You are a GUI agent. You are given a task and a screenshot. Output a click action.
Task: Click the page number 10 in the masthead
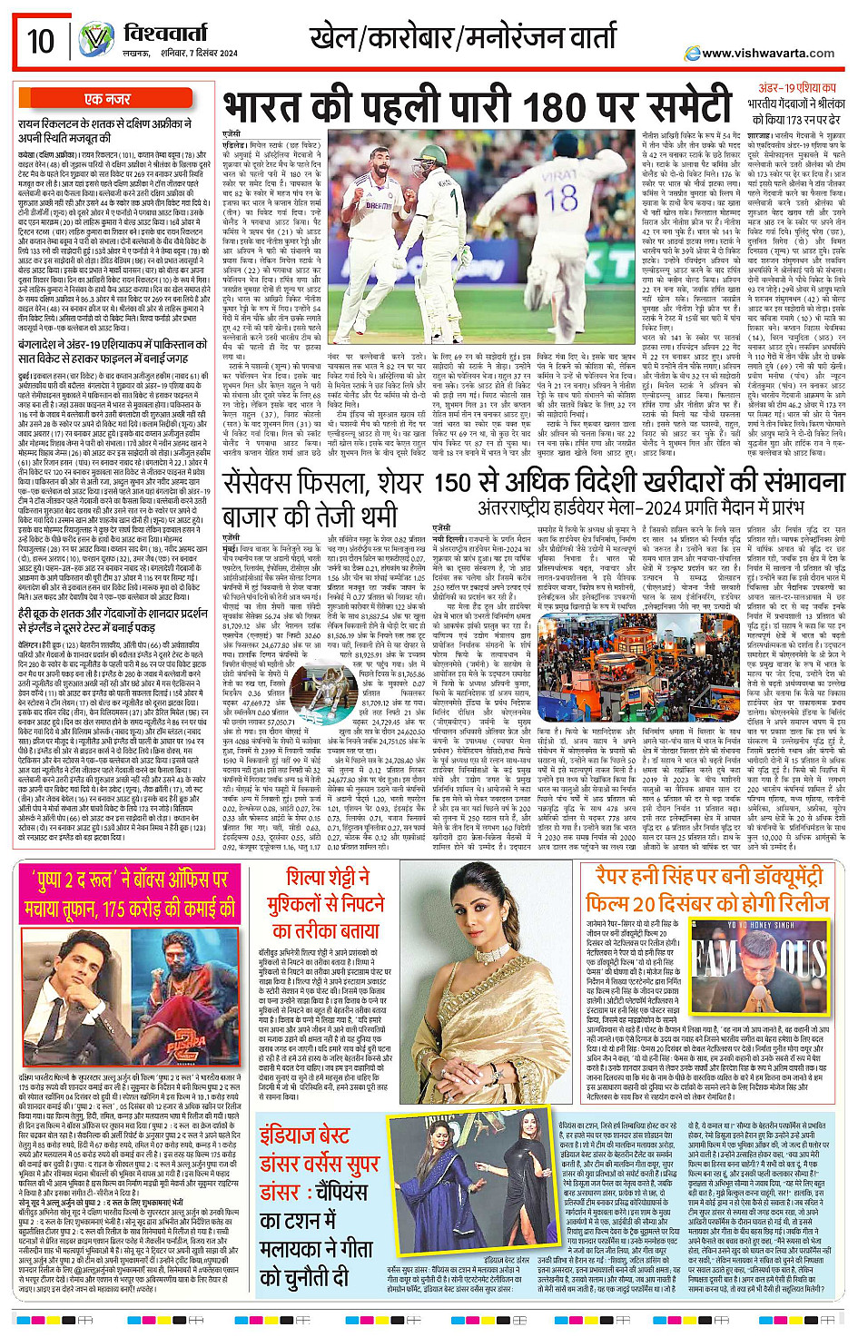(x=40, y=41)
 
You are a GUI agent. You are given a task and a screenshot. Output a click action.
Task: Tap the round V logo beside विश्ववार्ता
(x=95, y=39)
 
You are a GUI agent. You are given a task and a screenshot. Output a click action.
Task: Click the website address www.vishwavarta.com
(x=770, y=54)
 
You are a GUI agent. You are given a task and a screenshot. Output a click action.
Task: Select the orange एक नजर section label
(x=107, y=99)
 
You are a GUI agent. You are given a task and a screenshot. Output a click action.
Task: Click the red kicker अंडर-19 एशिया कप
(x=796, y=88)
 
